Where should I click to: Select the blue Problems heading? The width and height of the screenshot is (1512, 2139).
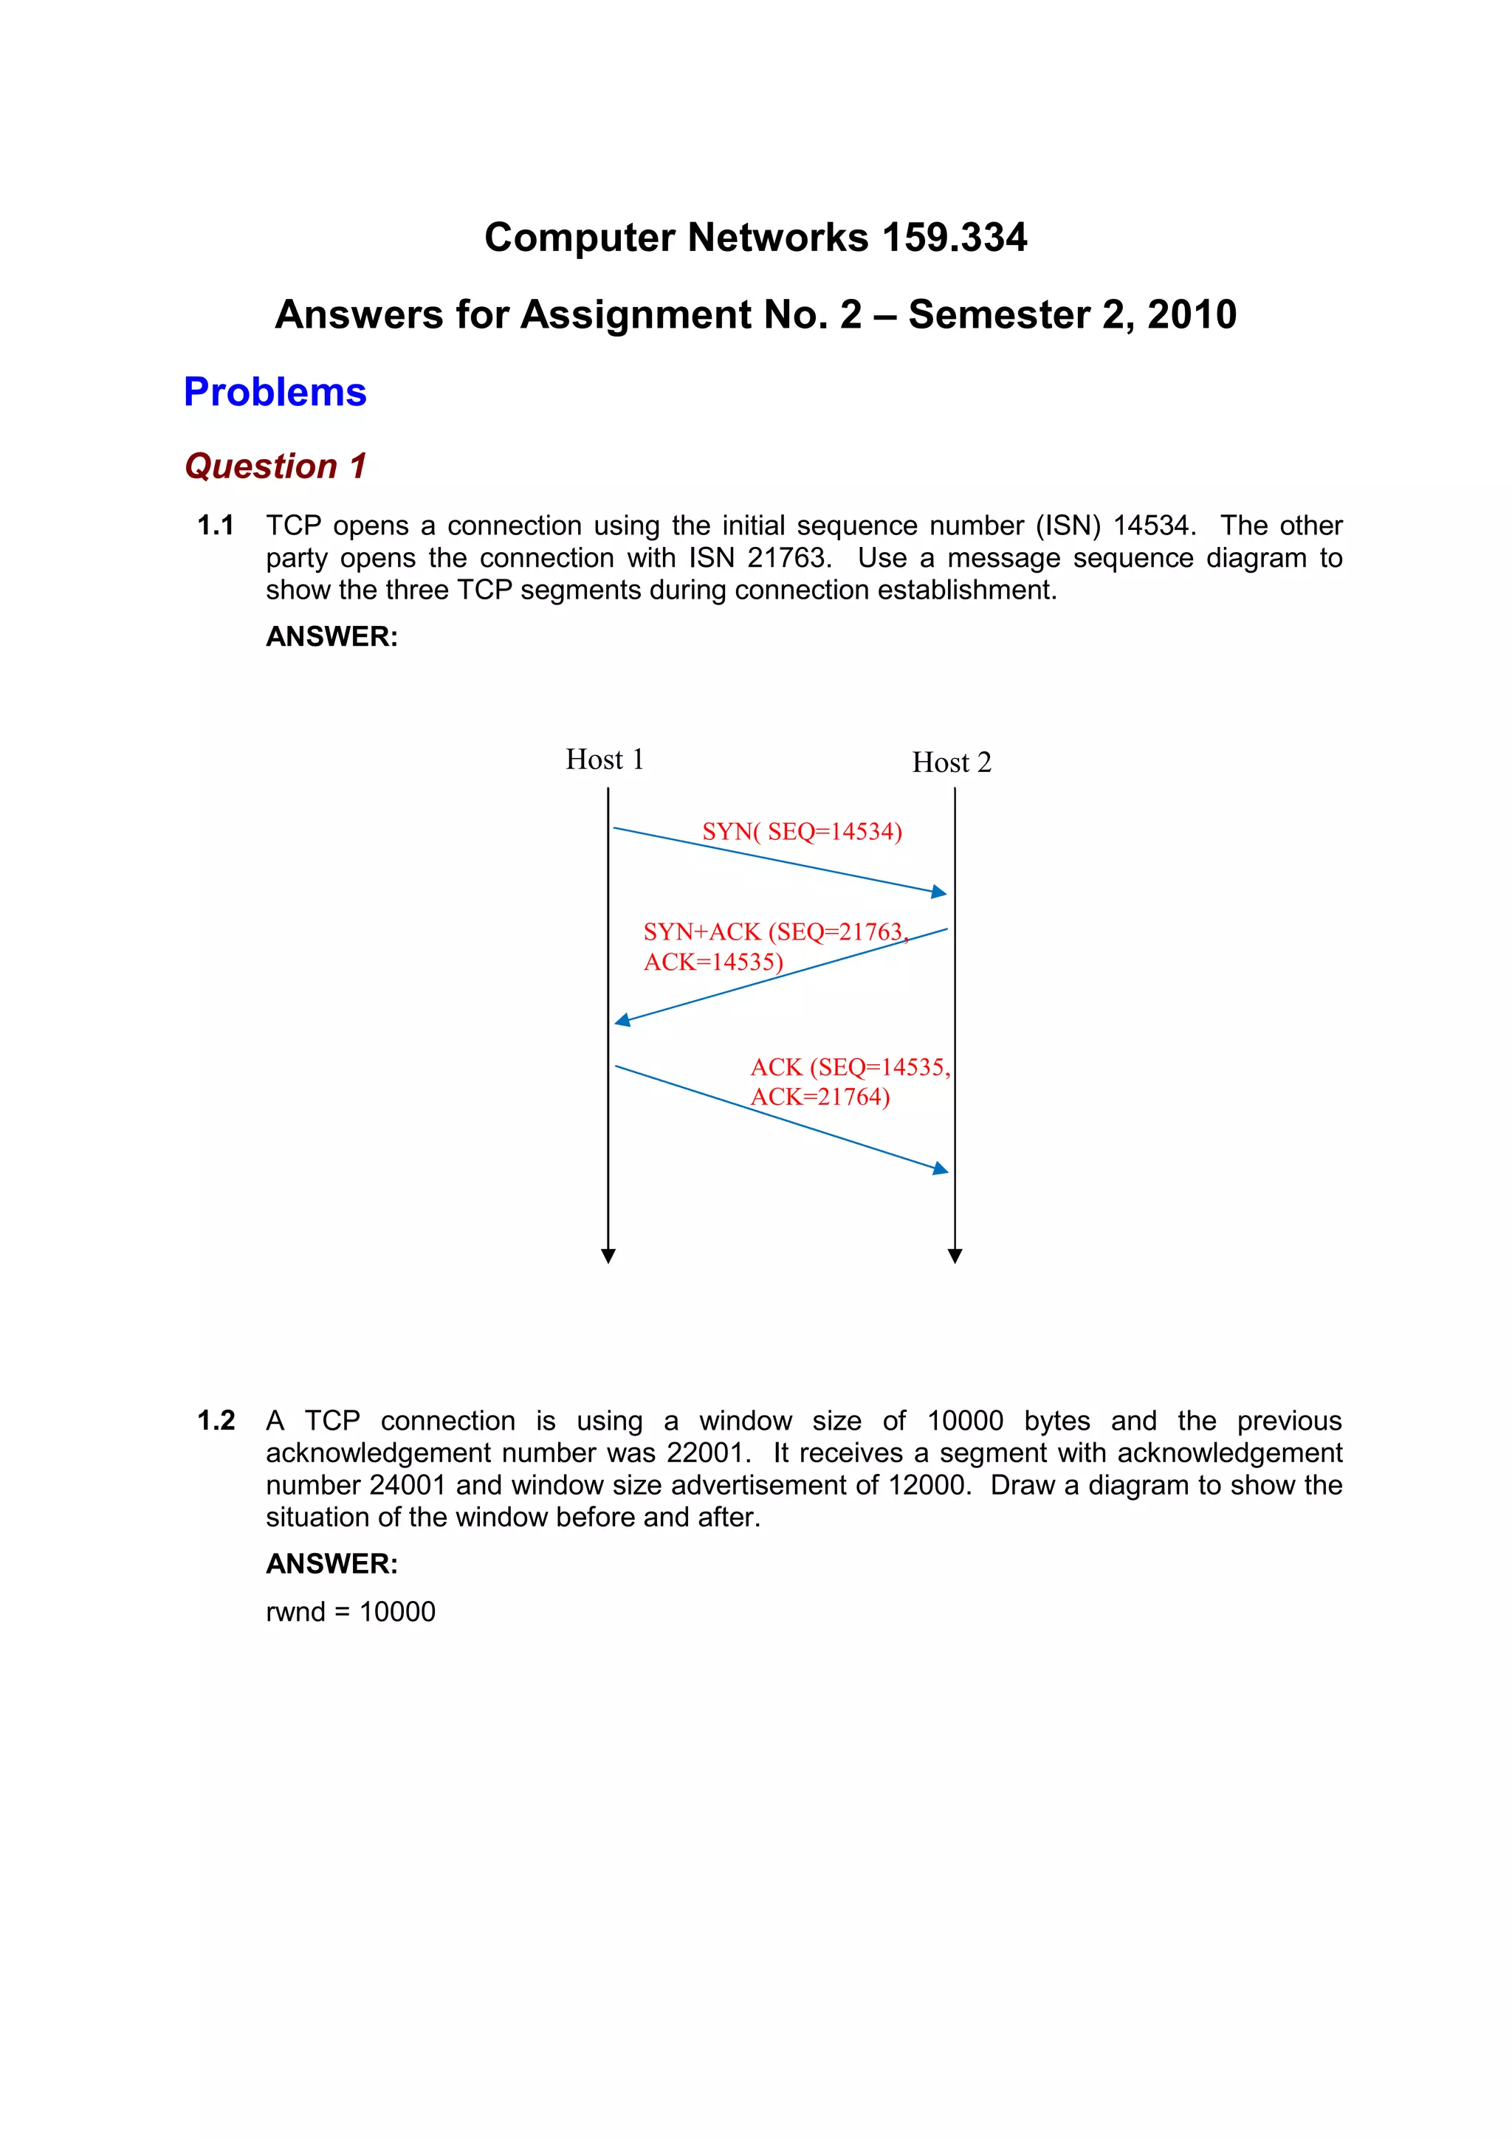[275, 392]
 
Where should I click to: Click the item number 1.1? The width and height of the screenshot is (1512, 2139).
[215, 526]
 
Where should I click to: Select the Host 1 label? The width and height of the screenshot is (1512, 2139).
[605, 759]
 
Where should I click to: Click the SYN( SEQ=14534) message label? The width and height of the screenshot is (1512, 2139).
[801, 831]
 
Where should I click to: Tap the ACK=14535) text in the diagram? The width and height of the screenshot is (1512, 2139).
[712, 962]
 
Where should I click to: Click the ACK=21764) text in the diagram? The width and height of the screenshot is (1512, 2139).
[819, 1097]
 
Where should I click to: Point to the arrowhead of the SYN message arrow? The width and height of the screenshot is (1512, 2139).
[940, 892]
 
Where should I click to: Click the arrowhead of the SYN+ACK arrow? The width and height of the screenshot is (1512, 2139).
[622, 1021]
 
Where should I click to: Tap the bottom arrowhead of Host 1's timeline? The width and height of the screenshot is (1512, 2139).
[608, 1257]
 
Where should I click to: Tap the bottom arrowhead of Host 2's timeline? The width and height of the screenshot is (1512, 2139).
[955, 1257]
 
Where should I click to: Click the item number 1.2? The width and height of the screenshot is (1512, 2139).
[215, 1421]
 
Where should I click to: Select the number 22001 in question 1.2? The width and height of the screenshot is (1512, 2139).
[708, 1453]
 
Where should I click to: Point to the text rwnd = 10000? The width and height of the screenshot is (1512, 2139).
[350, 1612]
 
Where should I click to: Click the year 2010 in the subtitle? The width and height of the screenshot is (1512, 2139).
[1192, 315]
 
